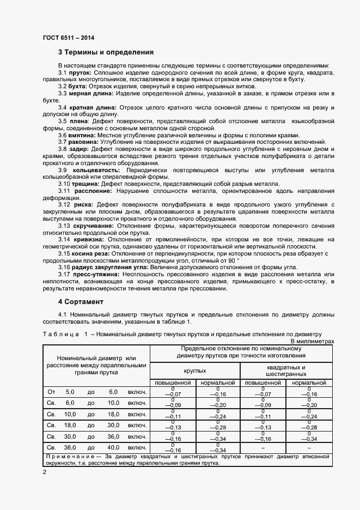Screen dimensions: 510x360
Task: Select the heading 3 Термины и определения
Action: pyautogui.click(x=106, y=53)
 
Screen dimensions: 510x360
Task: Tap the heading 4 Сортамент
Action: pyautogui.click(x=82, y=301)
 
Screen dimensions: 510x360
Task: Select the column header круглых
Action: pyautogui.click(x=194, y=371)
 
